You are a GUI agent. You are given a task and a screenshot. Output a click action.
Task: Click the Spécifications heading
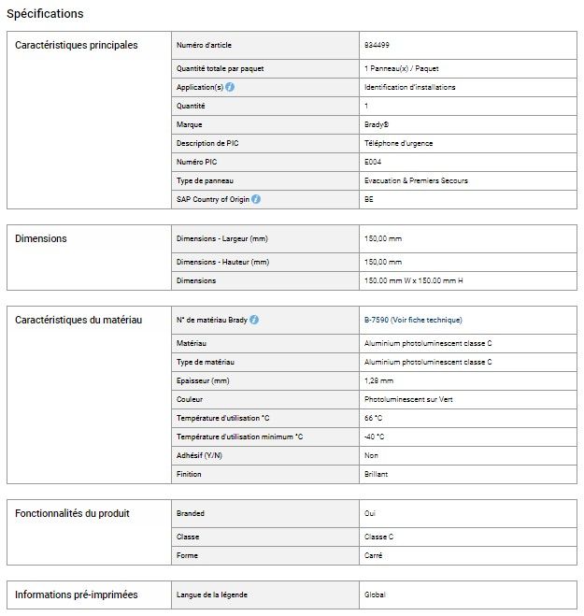click(45, 14)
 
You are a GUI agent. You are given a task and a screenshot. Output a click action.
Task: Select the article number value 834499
click(376, 45)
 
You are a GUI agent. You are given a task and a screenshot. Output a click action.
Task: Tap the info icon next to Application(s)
click(230, 87)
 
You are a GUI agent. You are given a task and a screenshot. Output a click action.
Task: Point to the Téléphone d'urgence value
click(398, 143)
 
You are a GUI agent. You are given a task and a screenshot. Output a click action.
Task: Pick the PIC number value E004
click(373, 162)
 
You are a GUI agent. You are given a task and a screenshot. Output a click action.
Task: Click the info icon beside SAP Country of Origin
click(256, 199)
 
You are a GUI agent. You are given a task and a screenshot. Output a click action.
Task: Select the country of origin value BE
click(369, 199)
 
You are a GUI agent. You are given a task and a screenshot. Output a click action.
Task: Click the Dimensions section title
click(41, 238)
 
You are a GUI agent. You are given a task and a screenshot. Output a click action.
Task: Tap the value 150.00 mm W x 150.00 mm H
click(413, 280)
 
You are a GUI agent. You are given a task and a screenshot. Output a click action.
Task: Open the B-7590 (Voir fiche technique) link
click(412, 320)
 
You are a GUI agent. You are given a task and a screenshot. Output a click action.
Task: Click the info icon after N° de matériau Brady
click(254, 320)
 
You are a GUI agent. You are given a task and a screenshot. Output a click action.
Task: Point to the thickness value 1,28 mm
click(378, 380)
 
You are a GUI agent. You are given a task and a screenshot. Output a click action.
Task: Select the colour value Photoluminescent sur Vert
click(408, 399)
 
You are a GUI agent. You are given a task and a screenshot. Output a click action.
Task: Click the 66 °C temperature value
click(374, 418)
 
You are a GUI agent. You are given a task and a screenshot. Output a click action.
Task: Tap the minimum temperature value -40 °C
click(376, 437)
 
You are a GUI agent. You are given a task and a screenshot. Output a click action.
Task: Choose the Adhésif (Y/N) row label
click(199, 455)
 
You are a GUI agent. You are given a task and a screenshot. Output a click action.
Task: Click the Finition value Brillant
click(376, 474)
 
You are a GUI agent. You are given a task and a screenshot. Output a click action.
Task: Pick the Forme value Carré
click(373, 555)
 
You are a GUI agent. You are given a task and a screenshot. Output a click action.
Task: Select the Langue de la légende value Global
click(375, 595)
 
